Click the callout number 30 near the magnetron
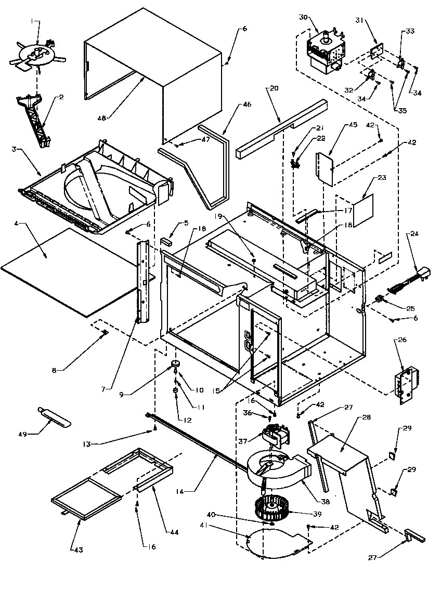[x=303, y=17]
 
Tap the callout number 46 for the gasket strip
[x=247, y=104]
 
